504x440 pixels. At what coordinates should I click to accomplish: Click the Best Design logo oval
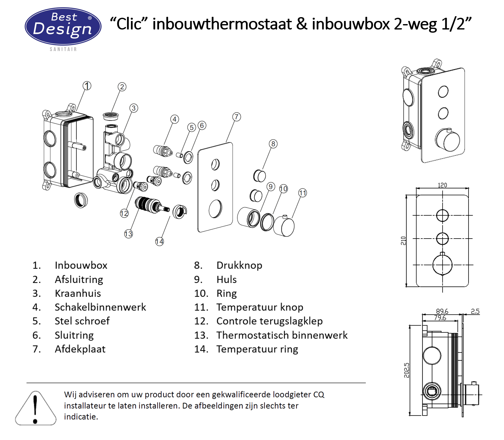63,26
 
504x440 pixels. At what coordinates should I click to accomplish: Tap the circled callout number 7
236,117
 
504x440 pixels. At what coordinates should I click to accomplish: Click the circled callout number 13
128,234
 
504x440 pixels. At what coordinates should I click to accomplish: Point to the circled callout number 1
87,86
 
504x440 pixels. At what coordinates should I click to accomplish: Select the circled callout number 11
303,193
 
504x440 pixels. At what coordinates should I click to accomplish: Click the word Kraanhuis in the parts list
78,293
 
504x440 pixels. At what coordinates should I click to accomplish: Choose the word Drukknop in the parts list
239,265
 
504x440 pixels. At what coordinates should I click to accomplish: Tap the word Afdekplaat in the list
80,349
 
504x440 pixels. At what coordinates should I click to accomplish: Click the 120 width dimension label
442,185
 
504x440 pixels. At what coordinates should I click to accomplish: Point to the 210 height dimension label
403,240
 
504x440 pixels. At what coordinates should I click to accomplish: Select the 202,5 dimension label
407,370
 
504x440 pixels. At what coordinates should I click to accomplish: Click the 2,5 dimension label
475,311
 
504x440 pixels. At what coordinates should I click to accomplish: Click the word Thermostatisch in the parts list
252,335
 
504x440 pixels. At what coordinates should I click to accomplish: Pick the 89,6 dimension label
442,311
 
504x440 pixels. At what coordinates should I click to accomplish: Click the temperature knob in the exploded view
284,227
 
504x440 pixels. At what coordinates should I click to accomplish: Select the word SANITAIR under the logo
63,49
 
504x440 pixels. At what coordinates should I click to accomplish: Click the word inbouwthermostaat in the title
222,24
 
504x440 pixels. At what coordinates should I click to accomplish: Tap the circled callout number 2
122,87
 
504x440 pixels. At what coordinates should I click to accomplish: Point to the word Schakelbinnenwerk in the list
100,307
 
